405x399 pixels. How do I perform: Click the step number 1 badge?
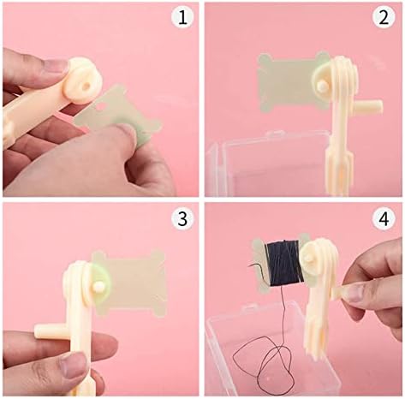pyautogui.click(x=182, y=17)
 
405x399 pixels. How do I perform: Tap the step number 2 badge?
pyautogui.click(x=384, y=17)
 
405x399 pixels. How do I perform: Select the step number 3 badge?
pyautogui.click(x=182, y=219)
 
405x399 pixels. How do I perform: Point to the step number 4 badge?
pyautogui.click(x=384, y=219)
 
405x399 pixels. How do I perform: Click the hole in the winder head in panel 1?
pyautogui.click(x=86, y=85)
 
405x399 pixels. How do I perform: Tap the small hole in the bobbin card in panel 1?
pyautogui.click(x=100, y=107)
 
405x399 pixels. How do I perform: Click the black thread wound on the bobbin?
pyautogui.click(x=283, y=264)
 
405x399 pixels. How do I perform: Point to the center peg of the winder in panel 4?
pyautogui.click(x=308, y=259)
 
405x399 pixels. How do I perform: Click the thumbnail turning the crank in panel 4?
pyautogui.click(x=354, y=293)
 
